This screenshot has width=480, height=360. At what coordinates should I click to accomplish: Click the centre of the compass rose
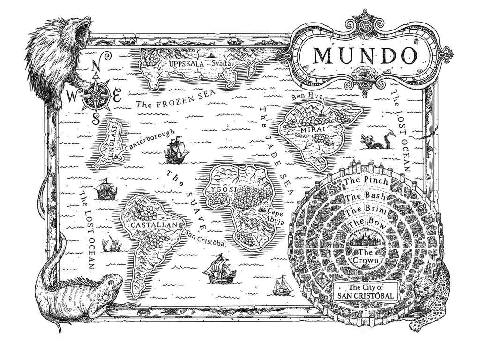tap(97, 97)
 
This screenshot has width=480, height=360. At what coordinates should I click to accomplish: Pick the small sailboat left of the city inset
tap(283, 285)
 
